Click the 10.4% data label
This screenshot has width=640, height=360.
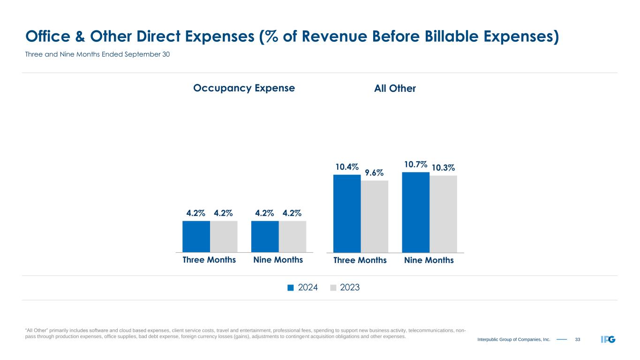coord(347,167)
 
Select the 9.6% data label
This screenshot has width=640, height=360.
coord(374,173)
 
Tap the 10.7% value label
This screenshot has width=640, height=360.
coord(415,165)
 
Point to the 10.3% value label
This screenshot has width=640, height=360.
coord(443,168)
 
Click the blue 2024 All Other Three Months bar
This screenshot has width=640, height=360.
coord(347,214)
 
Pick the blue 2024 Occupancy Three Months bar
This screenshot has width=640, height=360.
coord(196,237)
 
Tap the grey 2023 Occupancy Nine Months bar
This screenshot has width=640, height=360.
coord(293,237)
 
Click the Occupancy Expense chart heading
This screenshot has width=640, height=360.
coord(244,88)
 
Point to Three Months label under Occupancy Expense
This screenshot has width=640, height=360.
coord(209,260)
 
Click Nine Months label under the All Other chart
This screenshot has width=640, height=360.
coord(429,260)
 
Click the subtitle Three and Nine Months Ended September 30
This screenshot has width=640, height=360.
coord(97,55)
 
